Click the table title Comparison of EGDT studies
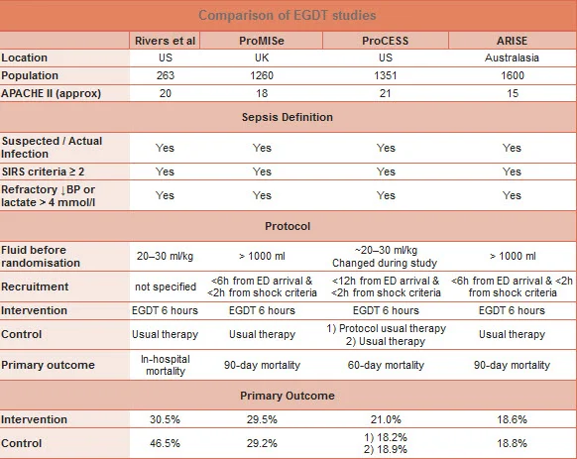pos(288,15)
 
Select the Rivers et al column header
pos(165,41)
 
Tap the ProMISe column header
pos(262,41)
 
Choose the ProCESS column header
pos(387,41)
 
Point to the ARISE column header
pos(512,41)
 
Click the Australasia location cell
pos(512,58)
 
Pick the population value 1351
pos(387,76)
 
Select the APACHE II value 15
pos(512,94)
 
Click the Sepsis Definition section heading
pos(288,117)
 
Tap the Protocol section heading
pos(288,226)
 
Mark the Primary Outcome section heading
pos(288,396)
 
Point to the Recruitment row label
pos(36,287)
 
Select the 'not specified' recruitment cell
pos(165,287)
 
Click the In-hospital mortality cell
pos(165,365)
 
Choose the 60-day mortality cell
pos(387,366)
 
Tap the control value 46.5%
pos(165,443)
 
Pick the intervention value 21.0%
pos(387,419)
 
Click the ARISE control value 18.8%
pos(512,443)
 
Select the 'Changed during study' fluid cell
pos(387,263)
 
